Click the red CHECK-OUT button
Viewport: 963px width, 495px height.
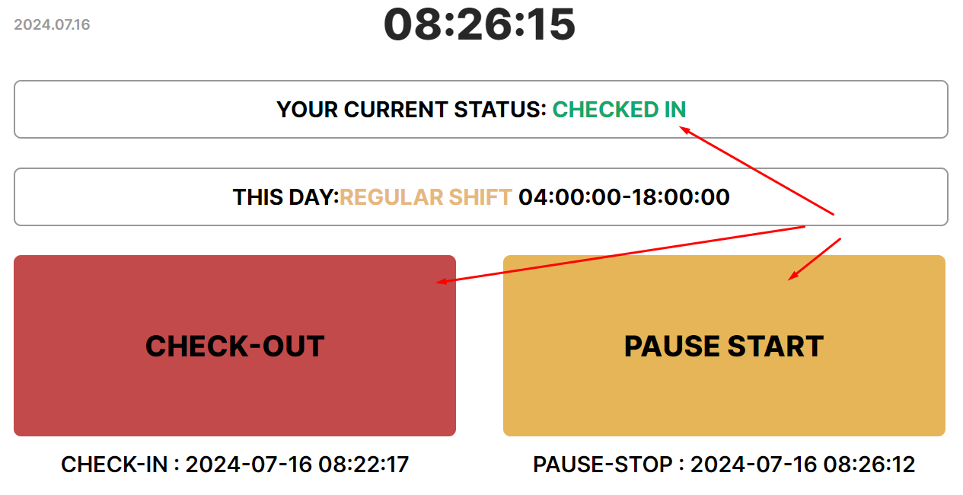234,346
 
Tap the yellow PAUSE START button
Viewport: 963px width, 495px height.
724,346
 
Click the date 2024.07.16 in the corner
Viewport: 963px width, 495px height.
52,24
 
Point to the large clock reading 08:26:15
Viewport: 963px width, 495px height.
480,24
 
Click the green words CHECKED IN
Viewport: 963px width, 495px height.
619,110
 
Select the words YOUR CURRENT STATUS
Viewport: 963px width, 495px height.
411,110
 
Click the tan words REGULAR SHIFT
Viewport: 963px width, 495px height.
426,197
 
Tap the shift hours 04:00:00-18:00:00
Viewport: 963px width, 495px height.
623,197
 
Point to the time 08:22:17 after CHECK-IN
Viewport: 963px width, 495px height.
363,465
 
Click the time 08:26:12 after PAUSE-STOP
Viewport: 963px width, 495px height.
869,465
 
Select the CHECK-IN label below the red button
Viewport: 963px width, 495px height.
114,465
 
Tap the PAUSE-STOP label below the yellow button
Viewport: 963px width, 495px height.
603,465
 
